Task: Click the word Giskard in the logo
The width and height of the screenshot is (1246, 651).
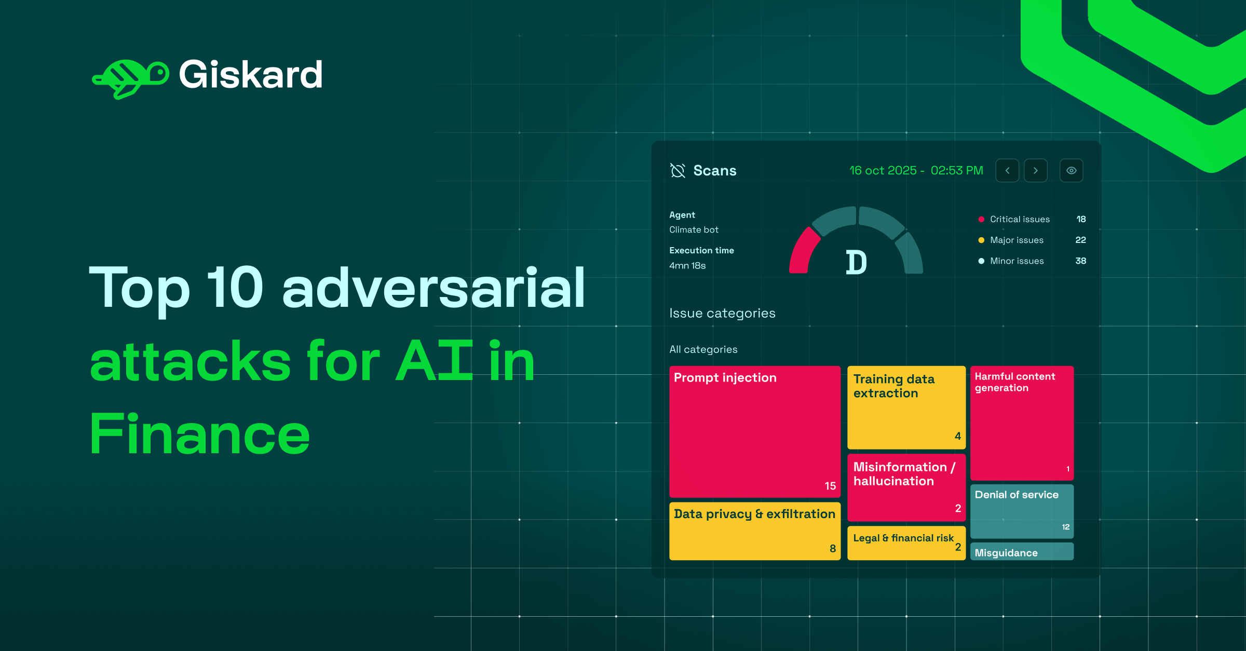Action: coord(251,75)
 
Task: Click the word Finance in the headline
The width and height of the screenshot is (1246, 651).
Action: coord(200,434)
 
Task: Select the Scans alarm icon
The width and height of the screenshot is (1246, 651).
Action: coord(678,170)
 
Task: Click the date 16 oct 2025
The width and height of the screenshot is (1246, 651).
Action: coord(883,170)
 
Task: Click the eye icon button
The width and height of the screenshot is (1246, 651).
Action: coord(1071,170)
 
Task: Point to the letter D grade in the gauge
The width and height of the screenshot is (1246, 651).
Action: coord(856,262)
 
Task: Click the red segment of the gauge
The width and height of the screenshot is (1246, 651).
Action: coord(802,251)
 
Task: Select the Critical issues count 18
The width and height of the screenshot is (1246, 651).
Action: coord(1081,219)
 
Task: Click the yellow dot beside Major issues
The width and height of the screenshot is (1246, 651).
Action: coord(981,240)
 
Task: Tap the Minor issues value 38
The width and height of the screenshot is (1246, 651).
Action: coord(1080,261)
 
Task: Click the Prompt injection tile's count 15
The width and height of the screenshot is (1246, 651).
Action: coord(830,486)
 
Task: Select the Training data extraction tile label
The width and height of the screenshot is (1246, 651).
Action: coord(893,386)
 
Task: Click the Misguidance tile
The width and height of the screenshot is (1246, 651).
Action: coord(1021,552)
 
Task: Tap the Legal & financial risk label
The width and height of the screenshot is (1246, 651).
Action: coord(903,538)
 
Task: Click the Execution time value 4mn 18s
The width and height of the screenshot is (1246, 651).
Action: coord(687,265)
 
